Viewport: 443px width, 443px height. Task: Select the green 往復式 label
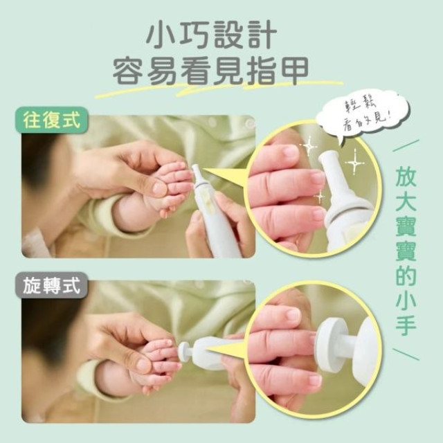coord(52,122)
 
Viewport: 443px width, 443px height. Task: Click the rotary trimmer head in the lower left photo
coord(185,351)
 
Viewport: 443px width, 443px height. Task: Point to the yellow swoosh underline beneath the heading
coord(215,90)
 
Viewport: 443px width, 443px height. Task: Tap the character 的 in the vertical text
coord(405,265)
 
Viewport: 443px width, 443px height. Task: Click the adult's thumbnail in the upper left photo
coord(159,188)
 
